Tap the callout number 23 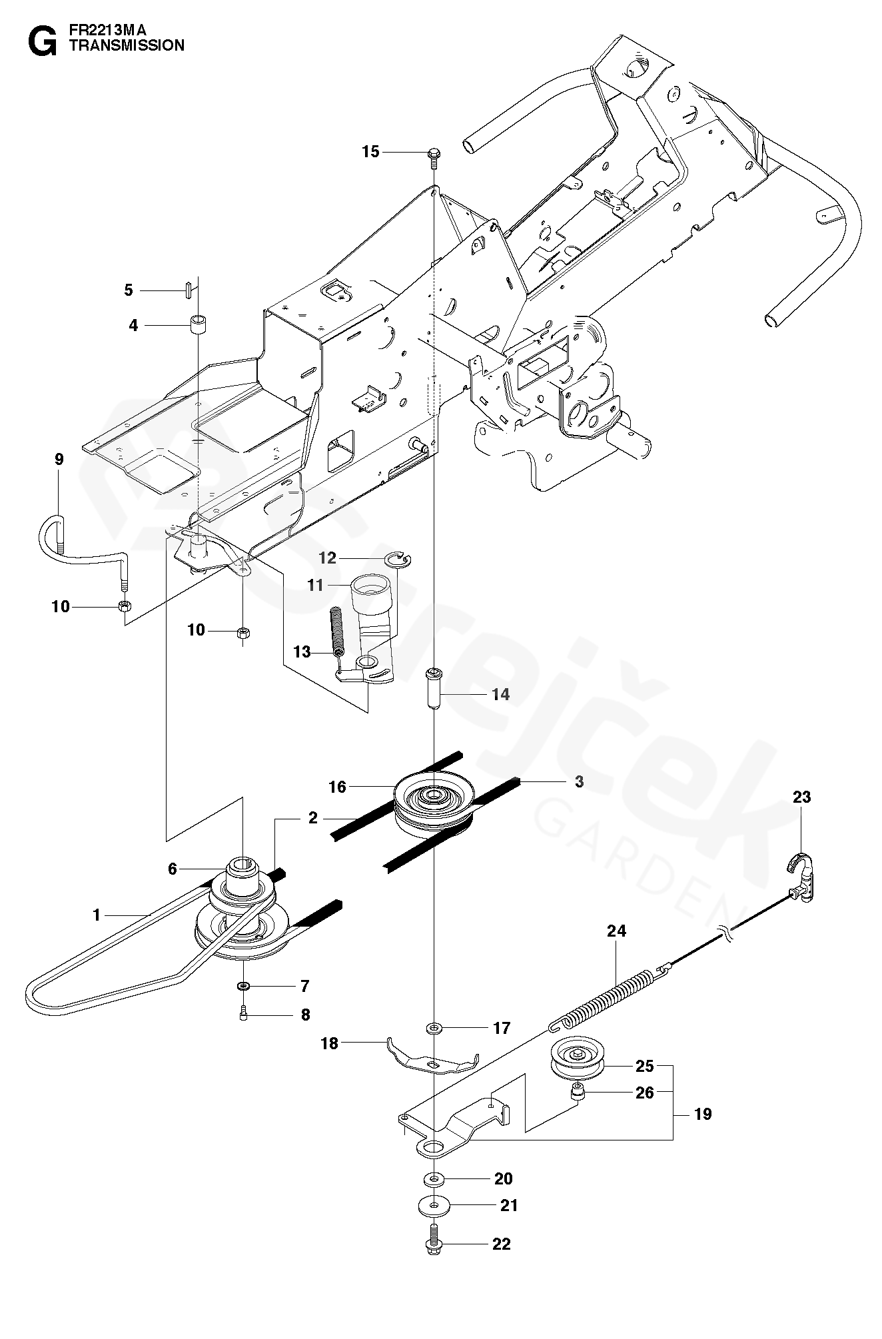tap(801, 797)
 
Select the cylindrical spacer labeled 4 tap(198, 325)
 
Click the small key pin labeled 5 tap(189, 290)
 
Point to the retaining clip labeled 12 tap(400, 560)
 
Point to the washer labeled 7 tap(244, 985)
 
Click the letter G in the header tap(41, 41)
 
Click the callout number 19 tap(702, 1113)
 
